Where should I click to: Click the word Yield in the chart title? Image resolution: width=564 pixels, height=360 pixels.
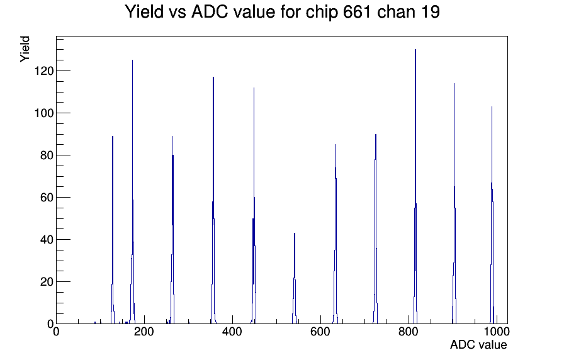144,12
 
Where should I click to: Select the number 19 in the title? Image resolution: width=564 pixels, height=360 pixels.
429,12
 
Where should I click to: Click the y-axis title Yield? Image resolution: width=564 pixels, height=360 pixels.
25,49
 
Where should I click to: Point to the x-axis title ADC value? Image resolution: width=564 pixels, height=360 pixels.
478,344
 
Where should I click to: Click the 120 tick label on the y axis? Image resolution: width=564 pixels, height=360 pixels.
44,71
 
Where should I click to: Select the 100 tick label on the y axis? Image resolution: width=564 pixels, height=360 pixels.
44,113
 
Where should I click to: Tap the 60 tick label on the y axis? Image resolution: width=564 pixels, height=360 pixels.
47,198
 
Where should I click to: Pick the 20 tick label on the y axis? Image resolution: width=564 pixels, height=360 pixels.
47,282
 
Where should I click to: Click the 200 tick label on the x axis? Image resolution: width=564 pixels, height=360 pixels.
144,331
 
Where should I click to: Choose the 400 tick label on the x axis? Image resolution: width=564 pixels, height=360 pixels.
232,331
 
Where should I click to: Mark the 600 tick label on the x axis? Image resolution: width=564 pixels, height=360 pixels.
320,331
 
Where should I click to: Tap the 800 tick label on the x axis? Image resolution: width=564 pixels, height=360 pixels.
409,331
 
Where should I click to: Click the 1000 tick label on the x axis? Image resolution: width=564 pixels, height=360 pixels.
497,331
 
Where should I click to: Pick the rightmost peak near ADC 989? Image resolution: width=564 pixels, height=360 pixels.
492,216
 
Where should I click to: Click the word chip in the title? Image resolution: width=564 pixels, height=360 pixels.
322,13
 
